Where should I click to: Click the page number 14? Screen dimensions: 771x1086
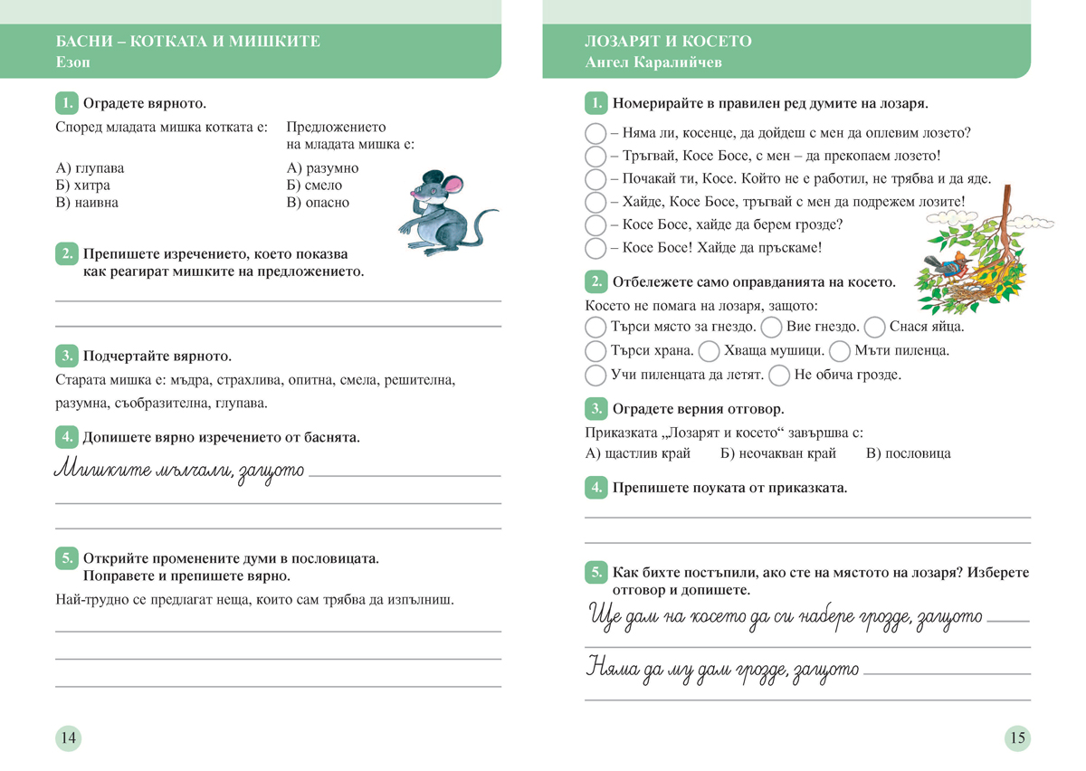[x=68, y=738]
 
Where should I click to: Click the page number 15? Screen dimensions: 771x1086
[x=1017, y=738]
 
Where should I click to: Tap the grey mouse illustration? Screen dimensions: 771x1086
[x=443, y=213]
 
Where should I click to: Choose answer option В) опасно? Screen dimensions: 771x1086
[x=318, y=203]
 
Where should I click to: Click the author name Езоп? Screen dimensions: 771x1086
[x=72, y=62]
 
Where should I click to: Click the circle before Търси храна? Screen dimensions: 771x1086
[x=595, y=350]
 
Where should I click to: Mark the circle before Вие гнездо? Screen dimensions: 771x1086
[x=771, y=327]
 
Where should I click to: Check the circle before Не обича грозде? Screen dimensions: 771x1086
[x=777, y=374]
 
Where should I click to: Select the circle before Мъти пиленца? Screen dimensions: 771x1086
[x=839, y=350]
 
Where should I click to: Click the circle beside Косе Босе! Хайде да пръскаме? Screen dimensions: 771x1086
[x=595, y=248]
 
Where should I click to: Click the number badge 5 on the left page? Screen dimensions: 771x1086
[x=66, y=558]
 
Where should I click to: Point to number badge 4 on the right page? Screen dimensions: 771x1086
[x=595, y=488]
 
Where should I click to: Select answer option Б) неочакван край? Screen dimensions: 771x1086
[x=777, y=453]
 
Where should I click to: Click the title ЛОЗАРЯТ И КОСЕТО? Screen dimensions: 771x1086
[x=668, y=42]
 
